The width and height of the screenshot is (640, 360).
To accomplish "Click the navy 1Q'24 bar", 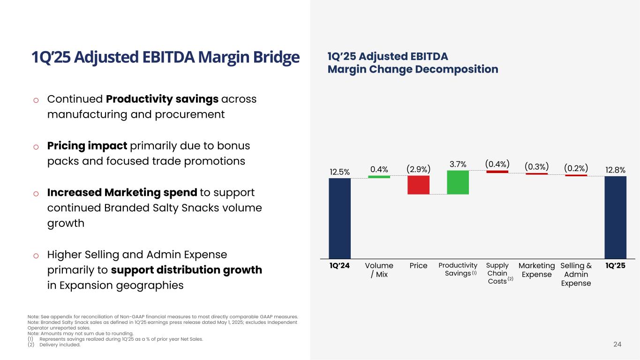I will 339,218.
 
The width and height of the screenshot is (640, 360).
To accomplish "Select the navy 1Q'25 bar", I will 615,217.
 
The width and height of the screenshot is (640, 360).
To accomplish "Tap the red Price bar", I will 418,185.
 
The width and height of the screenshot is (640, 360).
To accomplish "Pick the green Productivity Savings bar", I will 458,182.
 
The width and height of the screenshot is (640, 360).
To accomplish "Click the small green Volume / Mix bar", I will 379,177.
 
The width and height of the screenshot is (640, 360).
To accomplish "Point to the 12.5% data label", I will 339,172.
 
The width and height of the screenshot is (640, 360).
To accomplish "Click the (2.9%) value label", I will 418,168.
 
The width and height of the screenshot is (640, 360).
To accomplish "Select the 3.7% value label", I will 458,164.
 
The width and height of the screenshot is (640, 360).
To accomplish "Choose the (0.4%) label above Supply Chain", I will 497,164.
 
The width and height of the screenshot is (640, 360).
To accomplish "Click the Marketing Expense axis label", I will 536,270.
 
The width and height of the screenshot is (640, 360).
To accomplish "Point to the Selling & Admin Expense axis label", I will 576,274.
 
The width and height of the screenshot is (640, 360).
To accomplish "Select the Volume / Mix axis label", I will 379,270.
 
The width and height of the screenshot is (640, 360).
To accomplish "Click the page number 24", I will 617,345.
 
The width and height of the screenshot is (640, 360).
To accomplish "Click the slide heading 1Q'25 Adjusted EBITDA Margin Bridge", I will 165,58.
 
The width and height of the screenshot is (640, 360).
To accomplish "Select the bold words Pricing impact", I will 87,146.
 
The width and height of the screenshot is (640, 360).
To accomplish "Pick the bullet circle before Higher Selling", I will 36,255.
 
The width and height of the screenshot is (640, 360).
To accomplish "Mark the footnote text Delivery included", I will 60,345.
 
